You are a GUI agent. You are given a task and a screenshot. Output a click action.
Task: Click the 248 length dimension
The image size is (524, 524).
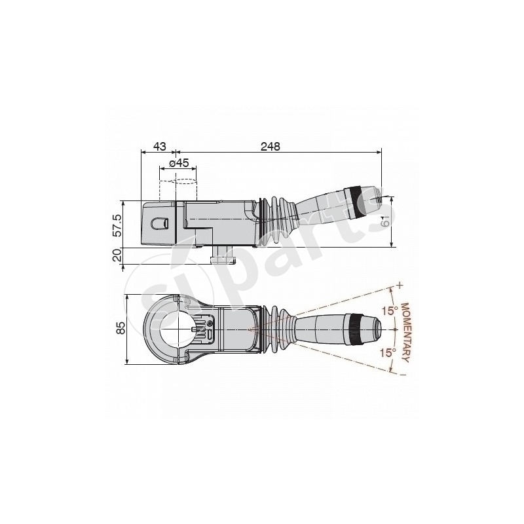[269, 147]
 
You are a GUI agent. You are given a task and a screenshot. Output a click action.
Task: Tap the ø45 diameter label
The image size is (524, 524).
[179, 162]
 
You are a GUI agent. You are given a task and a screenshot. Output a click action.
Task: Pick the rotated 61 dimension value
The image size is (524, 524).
[385, 222]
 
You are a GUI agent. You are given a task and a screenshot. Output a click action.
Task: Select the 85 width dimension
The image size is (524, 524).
[121, 327]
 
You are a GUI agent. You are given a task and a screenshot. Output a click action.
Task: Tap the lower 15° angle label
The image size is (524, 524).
[389, 352]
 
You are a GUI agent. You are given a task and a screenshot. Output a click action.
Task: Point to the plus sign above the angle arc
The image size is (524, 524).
[398, 286]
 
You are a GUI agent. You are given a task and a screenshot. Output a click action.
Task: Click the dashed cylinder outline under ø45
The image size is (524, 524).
[178, 189]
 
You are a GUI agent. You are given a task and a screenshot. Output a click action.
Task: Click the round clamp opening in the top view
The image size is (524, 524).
[174, 328]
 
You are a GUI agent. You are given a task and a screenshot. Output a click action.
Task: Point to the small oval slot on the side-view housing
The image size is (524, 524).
[160, 223]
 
